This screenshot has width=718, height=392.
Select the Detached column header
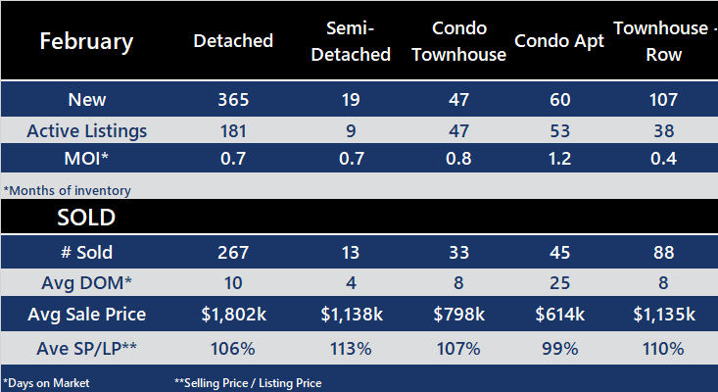click(x=233, y=41)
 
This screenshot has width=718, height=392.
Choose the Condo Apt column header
click(x=558, y=42)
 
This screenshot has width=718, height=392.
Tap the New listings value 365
click(x=233, y=100)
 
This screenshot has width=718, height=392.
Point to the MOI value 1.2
click(x=558, y=159)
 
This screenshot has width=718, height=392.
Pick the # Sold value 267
click(x=233, y=252)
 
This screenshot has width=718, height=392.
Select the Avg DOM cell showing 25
click(x=558, y=284)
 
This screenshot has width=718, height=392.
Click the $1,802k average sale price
click(x=233, y=316)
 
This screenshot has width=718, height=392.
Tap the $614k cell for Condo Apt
click(x=558, y=316)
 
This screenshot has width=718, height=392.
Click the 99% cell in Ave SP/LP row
click(x=558, y=348)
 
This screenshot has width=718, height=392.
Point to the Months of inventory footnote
click(x=67, y=190)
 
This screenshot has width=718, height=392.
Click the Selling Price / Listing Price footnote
click(x=248, y=382)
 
